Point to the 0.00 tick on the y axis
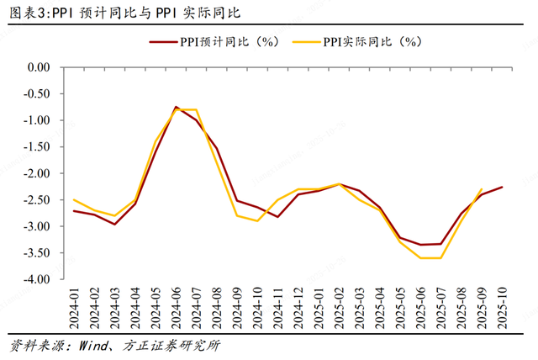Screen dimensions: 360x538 click(40, 67)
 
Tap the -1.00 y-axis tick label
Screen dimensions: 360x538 click(38, 120)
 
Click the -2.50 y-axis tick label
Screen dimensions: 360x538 click(38, 200)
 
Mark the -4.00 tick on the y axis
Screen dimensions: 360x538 click(38, 280)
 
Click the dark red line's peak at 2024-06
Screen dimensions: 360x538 click(177, 107)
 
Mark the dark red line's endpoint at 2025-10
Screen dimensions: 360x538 click(503, 187)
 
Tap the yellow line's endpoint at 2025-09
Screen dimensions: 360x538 click(482, 189)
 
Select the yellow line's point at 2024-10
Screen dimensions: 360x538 click(258, 221)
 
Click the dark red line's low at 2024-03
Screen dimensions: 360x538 click(115, 225)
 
